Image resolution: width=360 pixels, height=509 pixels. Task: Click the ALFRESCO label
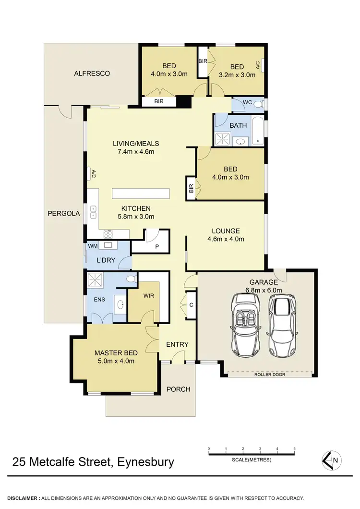(92, 73)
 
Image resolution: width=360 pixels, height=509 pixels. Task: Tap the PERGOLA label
(64, 212)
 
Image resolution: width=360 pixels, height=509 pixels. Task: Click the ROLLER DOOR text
(269, 375)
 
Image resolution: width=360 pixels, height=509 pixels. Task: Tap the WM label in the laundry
(93, 246)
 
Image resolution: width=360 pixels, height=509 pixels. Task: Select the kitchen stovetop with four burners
(108, 234)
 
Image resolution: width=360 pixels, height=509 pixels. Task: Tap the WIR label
(148, 296)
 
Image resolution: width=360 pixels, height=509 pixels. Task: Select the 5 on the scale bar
(294, 448)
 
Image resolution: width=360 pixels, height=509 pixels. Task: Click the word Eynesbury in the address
(144, 462)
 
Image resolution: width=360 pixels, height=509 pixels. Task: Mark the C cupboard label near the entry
(191, 304)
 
